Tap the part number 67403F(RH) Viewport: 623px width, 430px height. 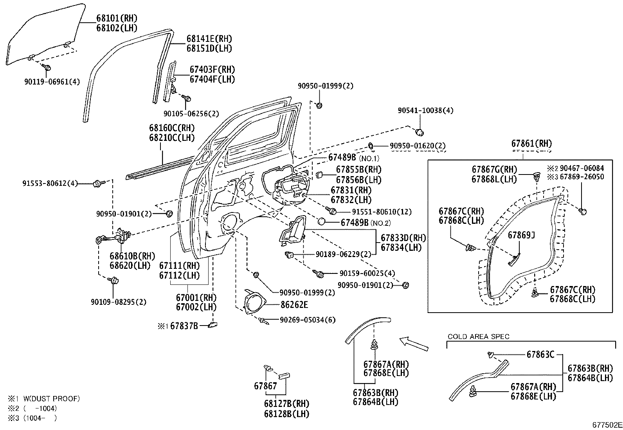click(x=212, y=70)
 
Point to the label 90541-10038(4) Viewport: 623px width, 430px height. click(x=425, y=111)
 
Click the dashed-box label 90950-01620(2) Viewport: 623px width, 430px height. click(x=418, y=146)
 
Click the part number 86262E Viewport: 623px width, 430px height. click(x=294, y=304)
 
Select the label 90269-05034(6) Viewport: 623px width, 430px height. click(x=308, y=320)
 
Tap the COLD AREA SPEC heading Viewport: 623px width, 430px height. click(x=478, y=336)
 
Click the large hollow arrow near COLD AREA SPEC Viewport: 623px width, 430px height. click(x=414, y=343)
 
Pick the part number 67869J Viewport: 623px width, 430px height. click(x=521, y=235)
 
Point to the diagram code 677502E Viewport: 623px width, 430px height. click(x=606, y=425)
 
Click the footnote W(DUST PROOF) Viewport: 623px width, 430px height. click(x=51, y=399)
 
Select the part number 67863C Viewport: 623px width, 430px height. click(x=540, y=355)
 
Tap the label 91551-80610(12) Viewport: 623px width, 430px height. click(x=382, y=212)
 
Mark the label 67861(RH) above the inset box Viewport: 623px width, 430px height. click(x=531, y=144)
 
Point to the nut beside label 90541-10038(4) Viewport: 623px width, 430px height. click(x=419, y=131)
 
